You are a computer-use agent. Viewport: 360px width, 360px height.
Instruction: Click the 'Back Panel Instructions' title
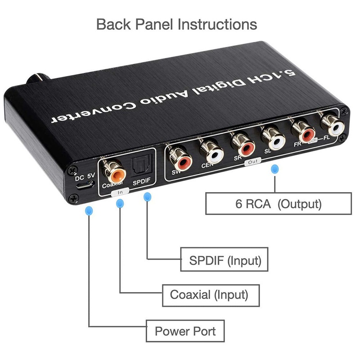177,24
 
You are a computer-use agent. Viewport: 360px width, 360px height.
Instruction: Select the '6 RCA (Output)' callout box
278,203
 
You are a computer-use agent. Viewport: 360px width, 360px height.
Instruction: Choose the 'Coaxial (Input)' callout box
209,295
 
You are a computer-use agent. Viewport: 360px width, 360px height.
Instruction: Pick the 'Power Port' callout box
185,331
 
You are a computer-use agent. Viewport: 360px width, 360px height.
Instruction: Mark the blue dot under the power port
90,210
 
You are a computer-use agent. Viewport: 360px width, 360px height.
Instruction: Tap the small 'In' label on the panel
120,192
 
